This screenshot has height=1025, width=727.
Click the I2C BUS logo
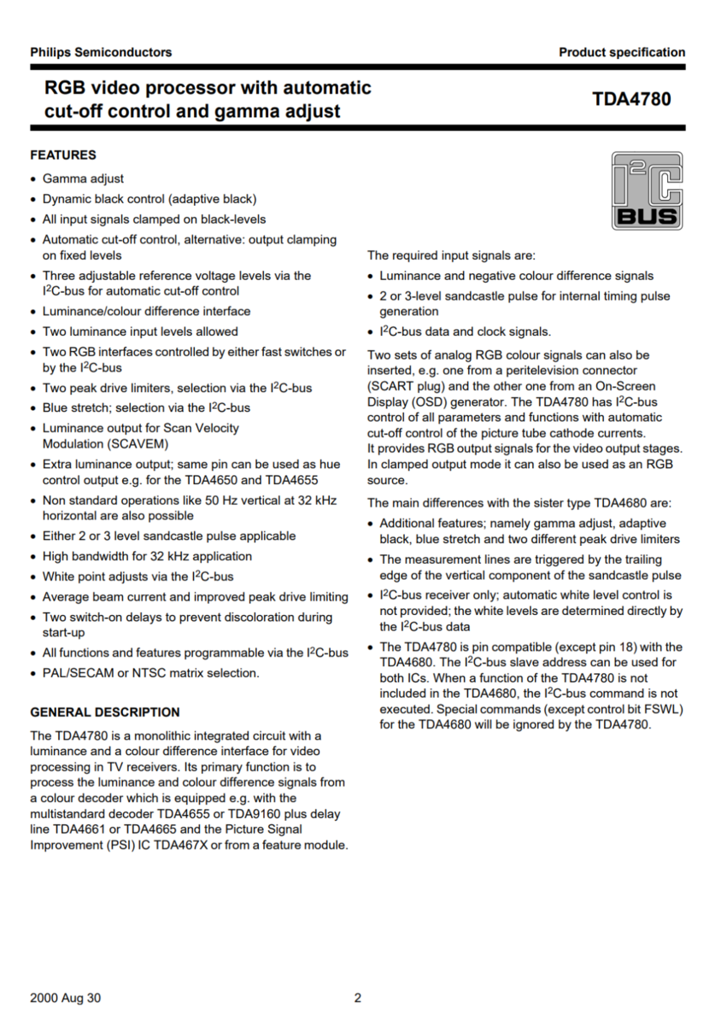647,191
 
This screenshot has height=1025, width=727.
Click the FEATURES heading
63,155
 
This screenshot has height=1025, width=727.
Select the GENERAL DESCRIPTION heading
105,712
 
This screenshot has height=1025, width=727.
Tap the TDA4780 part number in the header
631,99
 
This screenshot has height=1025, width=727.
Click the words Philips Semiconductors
101,52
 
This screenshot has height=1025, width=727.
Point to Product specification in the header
622,52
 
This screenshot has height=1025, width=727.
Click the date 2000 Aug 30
66,998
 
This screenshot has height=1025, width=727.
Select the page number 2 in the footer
358,998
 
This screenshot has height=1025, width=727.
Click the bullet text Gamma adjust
83,179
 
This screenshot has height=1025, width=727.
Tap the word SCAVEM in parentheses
138,444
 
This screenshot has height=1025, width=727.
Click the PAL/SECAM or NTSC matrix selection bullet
150,673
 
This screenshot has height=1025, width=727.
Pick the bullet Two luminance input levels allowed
140,331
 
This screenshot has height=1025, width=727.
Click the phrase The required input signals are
451,255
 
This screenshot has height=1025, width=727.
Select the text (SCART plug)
404,385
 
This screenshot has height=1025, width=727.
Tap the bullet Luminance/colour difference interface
146,311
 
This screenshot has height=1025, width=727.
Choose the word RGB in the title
66,88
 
